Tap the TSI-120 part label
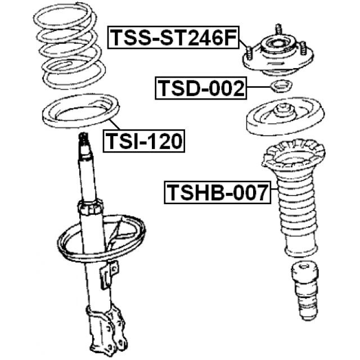(x=143, y=141)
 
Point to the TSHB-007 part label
(x=217, y=192)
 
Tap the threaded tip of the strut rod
(x=84, y=138)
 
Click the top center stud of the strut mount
(x=278, y=29)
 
